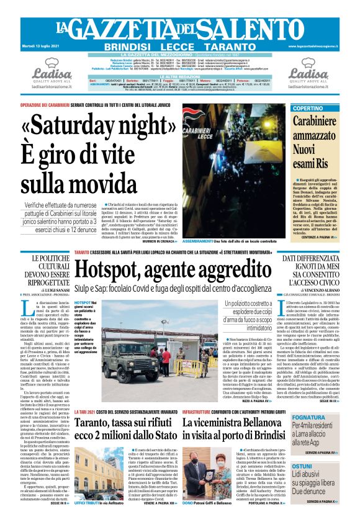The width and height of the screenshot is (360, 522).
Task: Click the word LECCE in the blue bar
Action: (x=180, y=47)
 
